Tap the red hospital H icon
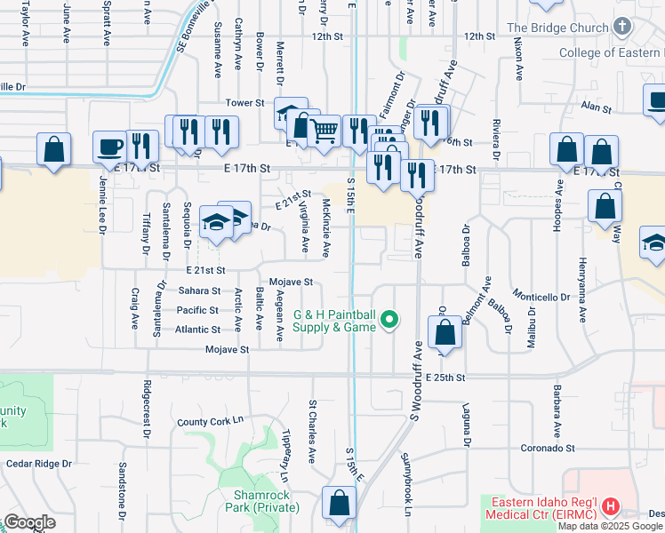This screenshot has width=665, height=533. [x=611, y=507]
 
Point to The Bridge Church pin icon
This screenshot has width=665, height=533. [x=621, y=28]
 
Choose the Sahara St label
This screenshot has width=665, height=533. [x=197, y=290]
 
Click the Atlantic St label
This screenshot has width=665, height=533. [x=197, y=329]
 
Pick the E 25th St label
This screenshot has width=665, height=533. [x=445, y=378]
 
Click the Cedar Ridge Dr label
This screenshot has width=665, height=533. [x=38, y=464]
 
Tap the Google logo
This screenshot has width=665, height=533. [x=29, y=522]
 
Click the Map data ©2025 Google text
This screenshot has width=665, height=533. [x=611, y=526]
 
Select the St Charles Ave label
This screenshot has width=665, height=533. [x=312, y=431]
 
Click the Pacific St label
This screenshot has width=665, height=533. [x=197, y=310]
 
